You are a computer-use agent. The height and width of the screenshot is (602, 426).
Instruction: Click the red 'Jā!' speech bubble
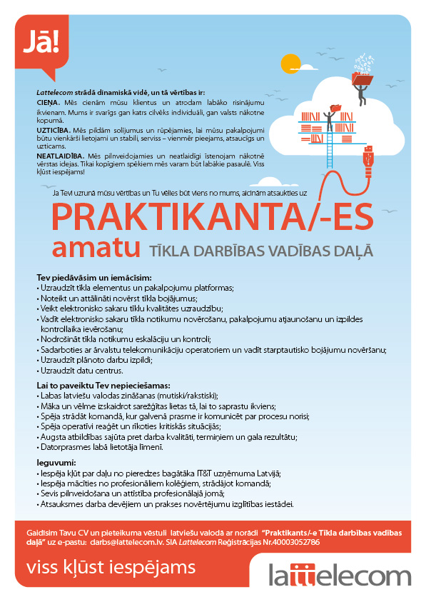(x=42, y=45)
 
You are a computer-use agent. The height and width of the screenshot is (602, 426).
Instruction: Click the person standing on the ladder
(x=330, y=115)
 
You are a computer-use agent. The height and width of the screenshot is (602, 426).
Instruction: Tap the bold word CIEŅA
(x=47, y=103)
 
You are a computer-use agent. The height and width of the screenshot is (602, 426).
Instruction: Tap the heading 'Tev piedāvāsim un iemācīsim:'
(x=94, y=277)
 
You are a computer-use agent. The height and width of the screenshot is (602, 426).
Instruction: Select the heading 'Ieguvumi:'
(x=56, y=463)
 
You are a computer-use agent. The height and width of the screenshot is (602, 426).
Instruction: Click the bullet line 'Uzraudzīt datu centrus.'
(x=81, y=370)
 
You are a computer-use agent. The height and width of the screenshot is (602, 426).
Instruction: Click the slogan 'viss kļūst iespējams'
(x=110, y=568)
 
